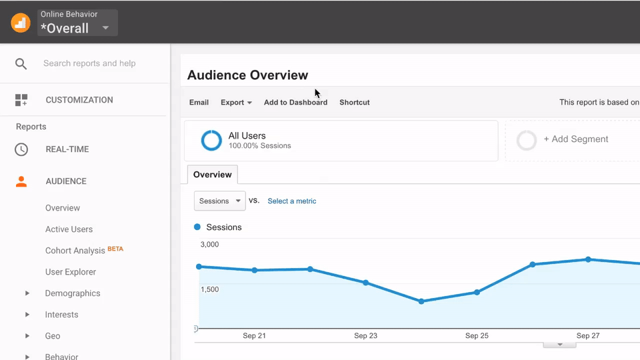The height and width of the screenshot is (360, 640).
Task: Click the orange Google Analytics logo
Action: tap(21, 23)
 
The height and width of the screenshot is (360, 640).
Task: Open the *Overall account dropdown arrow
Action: tap(105, 28)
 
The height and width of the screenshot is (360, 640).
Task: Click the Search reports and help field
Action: tap(89, 63)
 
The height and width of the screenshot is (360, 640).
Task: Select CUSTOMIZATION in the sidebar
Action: tap(79, 100)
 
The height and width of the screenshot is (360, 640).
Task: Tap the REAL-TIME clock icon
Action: tap(21, 149)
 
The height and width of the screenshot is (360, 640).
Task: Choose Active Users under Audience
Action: tap(69, 229)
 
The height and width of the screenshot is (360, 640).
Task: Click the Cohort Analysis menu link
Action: tap(75, 251)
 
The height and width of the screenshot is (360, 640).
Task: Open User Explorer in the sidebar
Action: tap(71, 272)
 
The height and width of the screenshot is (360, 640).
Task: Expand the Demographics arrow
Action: tap(27, 293)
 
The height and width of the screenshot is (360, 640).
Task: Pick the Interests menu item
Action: tap(61, 315)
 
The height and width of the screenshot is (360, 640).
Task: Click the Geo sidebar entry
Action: tap(53, 336)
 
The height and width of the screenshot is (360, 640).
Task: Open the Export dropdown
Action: tap(236, 103)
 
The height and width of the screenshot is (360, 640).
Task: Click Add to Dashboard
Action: tap(295, 103)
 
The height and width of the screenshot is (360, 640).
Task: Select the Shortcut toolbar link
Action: tap(354, 103)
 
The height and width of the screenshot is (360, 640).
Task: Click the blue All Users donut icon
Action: tap(211, 140)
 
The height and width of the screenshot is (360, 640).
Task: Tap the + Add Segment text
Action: tap(575, 139)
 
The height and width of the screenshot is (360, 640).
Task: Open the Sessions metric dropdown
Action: tap(219, 201)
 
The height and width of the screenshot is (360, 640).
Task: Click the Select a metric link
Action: tap(292, 201)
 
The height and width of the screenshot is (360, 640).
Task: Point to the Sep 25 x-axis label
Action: tap(477, 336)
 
